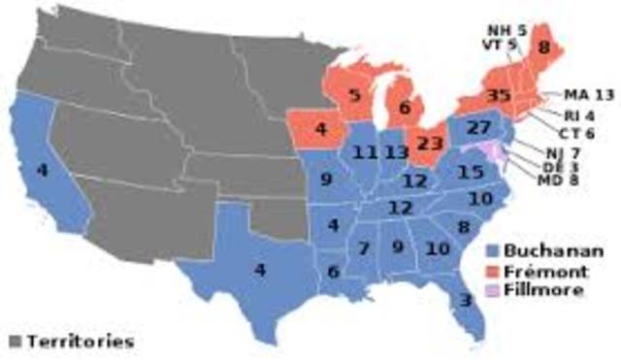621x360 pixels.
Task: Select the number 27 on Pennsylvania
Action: click(x=478, y=129)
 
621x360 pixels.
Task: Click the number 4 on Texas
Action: click(x=259, y=270)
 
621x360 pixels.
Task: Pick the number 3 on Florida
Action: click(x=466, y=301)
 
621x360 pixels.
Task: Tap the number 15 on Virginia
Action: click(x=471, y=172)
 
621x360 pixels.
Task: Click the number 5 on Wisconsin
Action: click(x=354, y=97)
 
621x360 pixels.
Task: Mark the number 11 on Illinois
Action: click(x=365, y=152)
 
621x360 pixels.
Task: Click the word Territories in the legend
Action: click(x=80, y=342)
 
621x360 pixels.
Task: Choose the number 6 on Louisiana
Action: click(x=333, y=273)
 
